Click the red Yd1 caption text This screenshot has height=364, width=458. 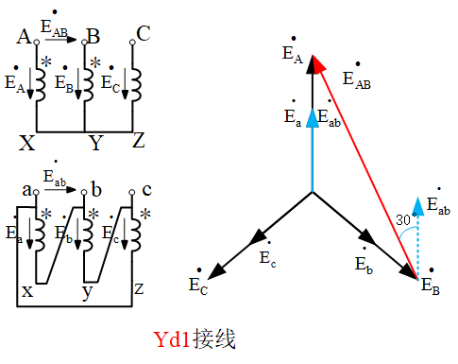(x=194, y=338)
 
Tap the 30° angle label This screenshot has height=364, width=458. (x=404, y=219)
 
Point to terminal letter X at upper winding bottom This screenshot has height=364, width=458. (x=26, y=143)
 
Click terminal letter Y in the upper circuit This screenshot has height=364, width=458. (x=94, y=143)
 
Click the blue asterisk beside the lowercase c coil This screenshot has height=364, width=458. (x=144, y=215)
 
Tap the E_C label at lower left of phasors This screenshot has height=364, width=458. (x=198, y=283)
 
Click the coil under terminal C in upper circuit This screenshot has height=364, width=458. (x=133, y=83)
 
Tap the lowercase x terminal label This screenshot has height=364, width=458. (x=27, y=291)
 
